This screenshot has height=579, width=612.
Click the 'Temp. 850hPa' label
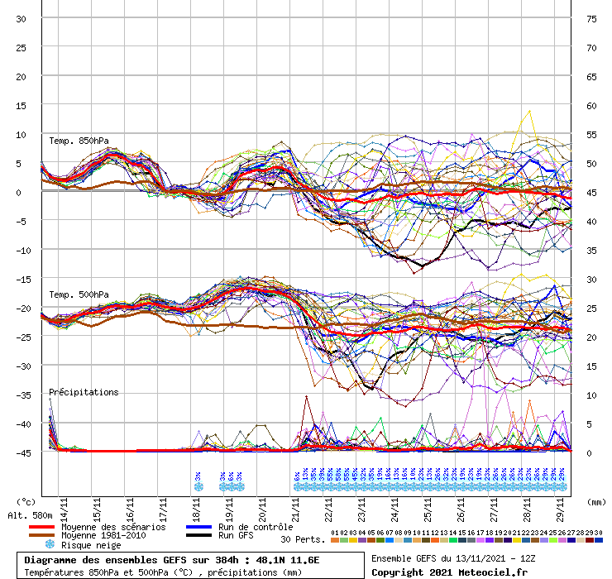point(79,140)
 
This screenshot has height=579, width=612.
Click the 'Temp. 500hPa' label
point(79,294)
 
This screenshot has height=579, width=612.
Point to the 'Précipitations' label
point(84,392)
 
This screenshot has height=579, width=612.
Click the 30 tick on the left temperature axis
point(22,18)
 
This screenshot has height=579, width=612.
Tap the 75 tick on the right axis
point(591,18)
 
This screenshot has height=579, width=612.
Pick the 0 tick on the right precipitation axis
point(589,452)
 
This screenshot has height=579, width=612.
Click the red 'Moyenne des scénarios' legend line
point(53,527)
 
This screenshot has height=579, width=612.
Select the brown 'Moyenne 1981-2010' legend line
point(53,536)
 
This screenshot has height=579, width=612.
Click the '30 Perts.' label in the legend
point(302,539)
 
